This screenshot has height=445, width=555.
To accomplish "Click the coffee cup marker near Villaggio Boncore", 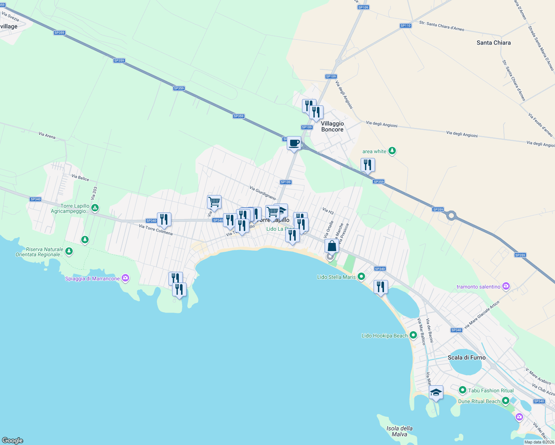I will (294, 143).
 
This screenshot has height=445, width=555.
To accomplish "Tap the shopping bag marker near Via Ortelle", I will (332, 246).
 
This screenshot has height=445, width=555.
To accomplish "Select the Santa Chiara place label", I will (493, 43).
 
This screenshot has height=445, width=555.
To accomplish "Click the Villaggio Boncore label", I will (332, 126).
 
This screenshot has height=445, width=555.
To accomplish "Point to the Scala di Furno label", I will (467, 357).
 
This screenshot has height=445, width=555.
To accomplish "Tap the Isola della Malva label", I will (400, 431).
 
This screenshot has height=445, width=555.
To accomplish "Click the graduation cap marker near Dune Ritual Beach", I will (436, 393).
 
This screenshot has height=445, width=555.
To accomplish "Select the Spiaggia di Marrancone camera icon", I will (125, 278).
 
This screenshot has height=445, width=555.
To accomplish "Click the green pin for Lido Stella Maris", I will (361, 277).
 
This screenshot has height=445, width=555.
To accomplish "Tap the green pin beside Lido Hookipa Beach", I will (413, 336).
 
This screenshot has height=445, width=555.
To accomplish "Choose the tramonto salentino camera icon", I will (506, 286).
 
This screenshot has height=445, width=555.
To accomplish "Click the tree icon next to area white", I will (392, 151).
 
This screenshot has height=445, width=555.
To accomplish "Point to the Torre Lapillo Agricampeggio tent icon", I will (95, 208).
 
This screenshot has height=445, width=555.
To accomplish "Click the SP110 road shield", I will (405, 26).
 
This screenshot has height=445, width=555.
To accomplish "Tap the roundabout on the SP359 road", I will (451, 215).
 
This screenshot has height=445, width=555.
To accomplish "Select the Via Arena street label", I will (47, 135).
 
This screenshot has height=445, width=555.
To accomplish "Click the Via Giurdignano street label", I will (263, 193).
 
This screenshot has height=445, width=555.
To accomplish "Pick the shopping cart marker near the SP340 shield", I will (214, 202).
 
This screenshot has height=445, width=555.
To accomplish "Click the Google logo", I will (13, 440).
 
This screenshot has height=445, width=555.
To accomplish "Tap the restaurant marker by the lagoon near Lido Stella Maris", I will (381, 287).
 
